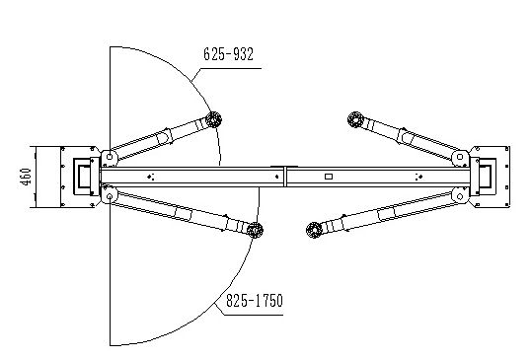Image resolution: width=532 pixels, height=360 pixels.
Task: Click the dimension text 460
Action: [x=21, y=178]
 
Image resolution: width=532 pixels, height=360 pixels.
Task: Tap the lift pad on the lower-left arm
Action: [x=256, y=231]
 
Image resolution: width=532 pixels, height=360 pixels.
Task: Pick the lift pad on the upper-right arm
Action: [x=353, y=119]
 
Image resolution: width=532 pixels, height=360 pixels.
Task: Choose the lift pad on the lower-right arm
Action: [x=315, y=232]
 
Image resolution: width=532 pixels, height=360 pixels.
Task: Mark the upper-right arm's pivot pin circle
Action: [x=458, y=155]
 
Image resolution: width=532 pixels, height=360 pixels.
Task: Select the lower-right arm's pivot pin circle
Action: [x=458, y=194]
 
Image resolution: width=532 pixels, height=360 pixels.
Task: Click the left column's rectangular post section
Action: [x=78, y=176]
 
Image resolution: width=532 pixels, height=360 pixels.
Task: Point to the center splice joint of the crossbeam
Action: [x=284, y=177]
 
